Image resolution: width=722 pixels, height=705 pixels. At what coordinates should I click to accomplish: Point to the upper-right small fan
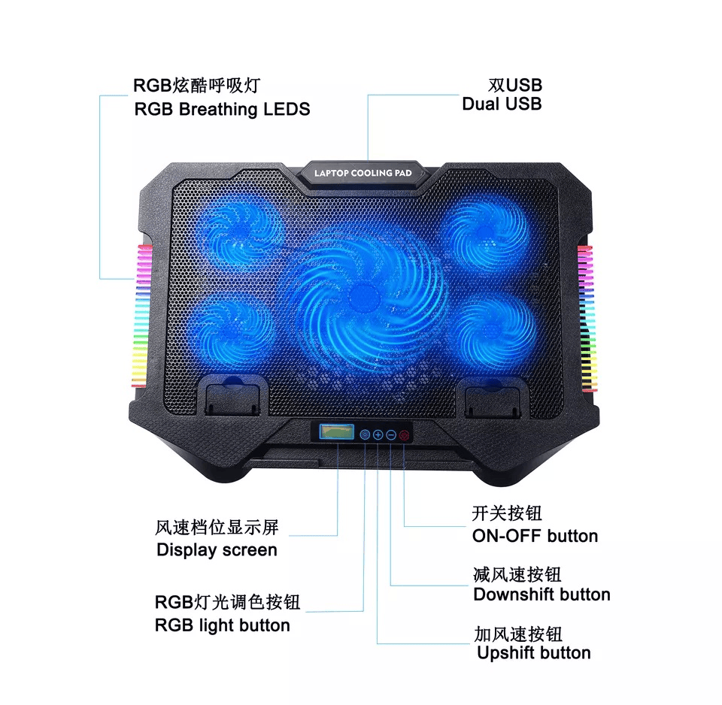[x=487, y=233]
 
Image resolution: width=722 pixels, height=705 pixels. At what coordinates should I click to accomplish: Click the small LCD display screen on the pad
[x=337, y=432]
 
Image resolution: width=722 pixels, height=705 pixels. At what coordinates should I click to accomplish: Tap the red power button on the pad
[x=404, y=435]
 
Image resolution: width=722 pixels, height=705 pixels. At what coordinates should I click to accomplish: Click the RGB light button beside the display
[x=365, y=434]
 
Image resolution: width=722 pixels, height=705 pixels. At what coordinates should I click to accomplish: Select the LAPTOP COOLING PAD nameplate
[x=363, y=174]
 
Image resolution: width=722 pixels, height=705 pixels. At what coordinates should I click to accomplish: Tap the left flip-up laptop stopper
[x=233, y=396]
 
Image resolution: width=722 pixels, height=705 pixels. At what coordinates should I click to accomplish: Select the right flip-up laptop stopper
[x=493, y=398]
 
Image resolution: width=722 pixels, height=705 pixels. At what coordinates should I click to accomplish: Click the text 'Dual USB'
[x=502, y=104]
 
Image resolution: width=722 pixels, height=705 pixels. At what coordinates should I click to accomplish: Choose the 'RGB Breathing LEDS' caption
[x=222, y=110]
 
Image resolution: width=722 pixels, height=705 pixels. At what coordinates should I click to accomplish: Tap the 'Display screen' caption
[x=217, y=550]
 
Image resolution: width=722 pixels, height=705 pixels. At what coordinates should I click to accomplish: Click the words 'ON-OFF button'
[x=535, y=536]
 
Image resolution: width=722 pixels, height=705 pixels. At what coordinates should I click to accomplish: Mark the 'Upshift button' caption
[x=534, y=653]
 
